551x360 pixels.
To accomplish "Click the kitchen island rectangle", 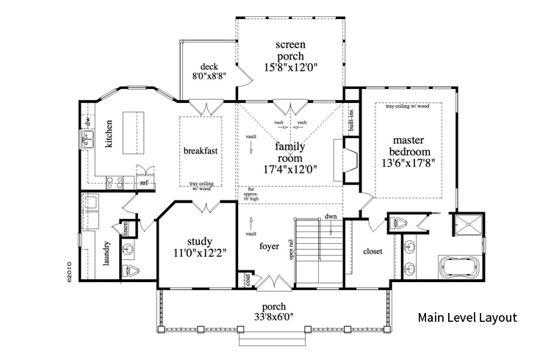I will pos(134,132).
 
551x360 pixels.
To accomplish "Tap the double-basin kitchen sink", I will pos(92,139).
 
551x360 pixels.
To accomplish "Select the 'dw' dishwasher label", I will pos(86,120).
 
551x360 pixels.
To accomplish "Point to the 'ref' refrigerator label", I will pos(145,181).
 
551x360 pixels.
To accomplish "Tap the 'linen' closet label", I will pos(126,229).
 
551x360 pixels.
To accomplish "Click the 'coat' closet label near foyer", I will pos(248,279).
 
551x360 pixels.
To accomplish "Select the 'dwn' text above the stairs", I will pos(331,216).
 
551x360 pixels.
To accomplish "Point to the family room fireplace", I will pos(349,157).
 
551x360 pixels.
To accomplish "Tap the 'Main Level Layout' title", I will pos(468,318).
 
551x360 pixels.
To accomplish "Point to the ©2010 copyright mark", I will pos(68,269).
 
